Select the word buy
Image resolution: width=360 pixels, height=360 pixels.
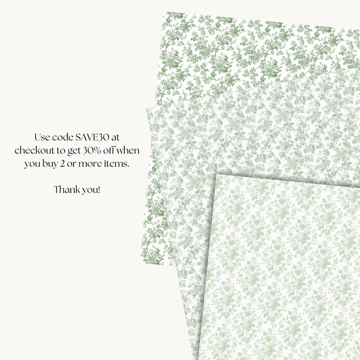tap(49, 164)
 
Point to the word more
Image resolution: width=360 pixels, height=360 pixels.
tap(89, 164)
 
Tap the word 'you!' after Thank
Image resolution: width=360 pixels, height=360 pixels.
tap(90, 190)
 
